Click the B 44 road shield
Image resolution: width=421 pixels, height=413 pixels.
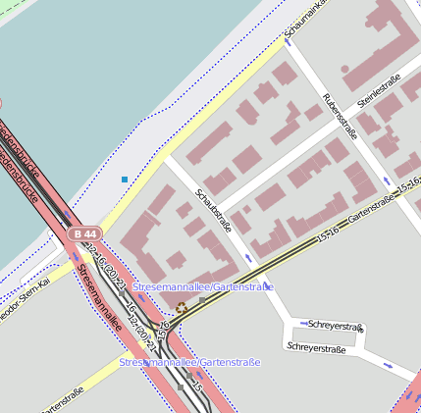[84, 233]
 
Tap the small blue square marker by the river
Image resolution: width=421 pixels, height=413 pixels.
[124, 180]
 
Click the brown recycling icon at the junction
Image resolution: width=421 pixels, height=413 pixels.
[181, 308]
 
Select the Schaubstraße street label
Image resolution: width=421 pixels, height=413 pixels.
[213, 210]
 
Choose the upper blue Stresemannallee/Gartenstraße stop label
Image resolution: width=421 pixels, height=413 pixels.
[203, 286]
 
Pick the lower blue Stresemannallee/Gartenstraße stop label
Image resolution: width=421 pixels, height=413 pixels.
[190, 363]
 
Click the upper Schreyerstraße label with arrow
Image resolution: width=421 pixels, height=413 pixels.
[336, 325]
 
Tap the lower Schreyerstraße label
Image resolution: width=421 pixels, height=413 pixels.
[316, 347]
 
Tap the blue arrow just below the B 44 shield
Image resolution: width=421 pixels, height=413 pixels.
[78, 256]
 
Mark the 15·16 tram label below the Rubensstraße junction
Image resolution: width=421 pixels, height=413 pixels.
[328, 232]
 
